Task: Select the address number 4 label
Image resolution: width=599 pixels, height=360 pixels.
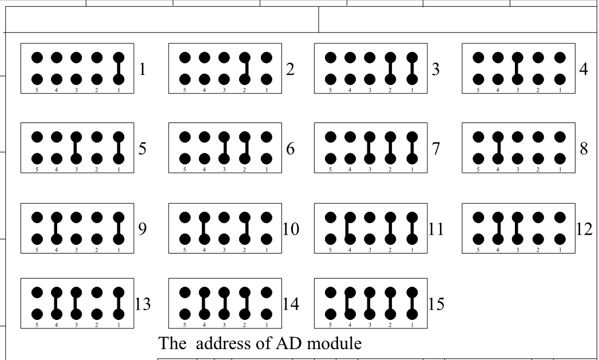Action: (x=584, y=69)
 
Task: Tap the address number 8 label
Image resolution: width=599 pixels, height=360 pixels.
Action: (x=584, y=149)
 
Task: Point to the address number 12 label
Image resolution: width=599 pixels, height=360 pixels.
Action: (x=585, y=230)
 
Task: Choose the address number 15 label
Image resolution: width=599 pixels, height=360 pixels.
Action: (x=436, y=304)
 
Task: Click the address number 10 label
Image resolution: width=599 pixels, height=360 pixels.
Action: (x=291, y=230)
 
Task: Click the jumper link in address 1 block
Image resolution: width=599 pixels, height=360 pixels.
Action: (x=118, y=68)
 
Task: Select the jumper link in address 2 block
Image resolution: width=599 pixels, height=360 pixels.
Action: (x=245, y=68)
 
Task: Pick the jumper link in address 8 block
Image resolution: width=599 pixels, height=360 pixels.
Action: (x=498, y=148)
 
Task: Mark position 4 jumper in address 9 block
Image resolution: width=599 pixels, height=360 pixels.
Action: (x=57, y=228)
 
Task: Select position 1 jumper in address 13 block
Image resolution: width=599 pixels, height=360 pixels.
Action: (x=118, y=303)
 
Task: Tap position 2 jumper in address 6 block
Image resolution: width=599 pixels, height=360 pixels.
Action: (x=245, y=148)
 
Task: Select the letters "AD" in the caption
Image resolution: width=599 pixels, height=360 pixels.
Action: (x=291, y=343)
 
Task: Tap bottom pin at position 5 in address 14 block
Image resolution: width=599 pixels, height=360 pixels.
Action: (x=185, y=314)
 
